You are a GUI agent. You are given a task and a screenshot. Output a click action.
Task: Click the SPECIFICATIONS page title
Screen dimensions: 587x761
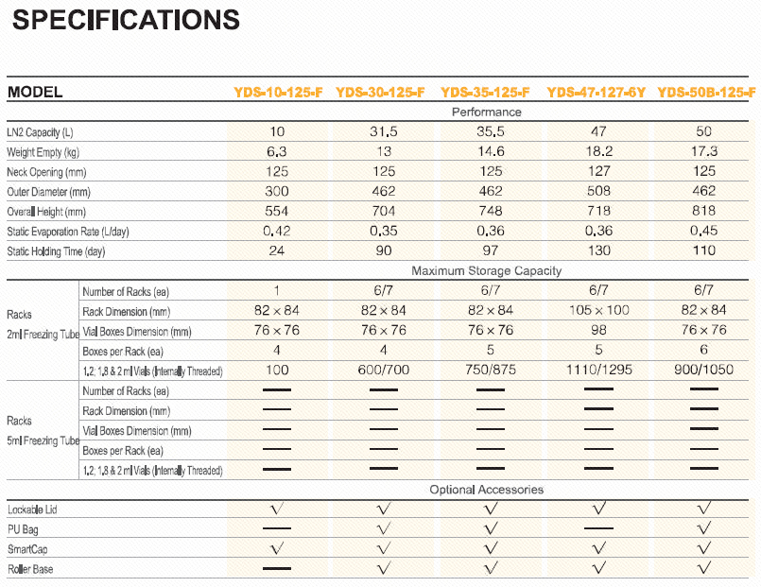pyautogui.click(x=125, y=19)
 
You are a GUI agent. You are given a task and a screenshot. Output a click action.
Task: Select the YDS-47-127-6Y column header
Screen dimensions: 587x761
pyautogui.click(x=596, y=93)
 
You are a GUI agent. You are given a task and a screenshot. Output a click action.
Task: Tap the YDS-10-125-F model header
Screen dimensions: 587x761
pyautogui.click(x=278, y=93)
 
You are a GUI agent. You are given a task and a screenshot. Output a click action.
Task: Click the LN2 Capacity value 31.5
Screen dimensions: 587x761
pyautogui.click(x=383, y=131)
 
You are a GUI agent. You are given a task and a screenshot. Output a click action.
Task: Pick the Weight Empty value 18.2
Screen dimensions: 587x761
pyautogui.click(x=597, y=151)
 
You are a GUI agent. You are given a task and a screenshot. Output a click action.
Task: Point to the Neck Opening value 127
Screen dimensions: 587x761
pyautogui.click(x=597, y=171)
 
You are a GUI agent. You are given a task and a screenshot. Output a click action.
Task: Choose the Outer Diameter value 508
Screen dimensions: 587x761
pyautogui.click(x=597, y=191)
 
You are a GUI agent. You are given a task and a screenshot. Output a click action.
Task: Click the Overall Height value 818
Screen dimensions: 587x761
pyautogui.click(x=704, y=211)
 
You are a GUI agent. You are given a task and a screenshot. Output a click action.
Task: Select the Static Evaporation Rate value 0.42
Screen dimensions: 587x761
pyautogui.click(x=277, y=231)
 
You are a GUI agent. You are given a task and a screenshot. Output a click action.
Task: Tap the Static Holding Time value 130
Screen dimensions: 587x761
pyautogui.click(x=597, y=250)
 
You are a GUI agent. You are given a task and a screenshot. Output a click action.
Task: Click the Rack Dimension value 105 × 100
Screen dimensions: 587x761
pyautogui.click(x=597, y=310)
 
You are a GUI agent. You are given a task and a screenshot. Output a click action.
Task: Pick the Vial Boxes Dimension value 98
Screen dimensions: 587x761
pyautogui.click(x=597, y=330)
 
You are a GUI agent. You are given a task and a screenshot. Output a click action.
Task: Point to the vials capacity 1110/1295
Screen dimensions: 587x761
pyautogui.click(x=597, y=370)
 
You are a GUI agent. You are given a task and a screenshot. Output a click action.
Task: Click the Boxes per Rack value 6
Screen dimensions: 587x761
pyautogui.click(x=704, y=350)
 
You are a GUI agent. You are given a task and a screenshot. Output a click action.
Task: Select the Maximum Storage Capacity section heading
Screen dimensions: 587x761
pyautogui.click(x=486, y=270)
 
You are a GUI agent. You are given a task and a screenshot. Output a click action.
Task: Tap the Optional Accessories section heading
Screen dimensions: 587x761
pyautogui.click(x=486, y=489)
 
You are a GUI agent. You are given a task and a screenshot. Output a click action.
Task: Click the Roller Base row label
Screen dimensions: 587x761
pyautogui.click(x=30, y=569)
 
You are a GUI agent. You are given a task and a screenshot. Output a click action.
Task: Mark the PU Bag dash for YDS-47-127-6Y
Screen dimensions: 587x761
pyautogui.click(x=597, y=529)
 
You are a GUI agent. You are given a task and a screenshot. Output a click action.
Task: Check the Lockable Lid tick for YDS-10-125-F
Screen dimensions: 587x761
pyautogui.click(x=277, y=509)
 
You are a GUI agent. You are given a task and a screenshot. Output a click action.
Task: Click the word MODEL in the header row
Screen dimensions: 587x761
pyautogui.click(x=35, y=93)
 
